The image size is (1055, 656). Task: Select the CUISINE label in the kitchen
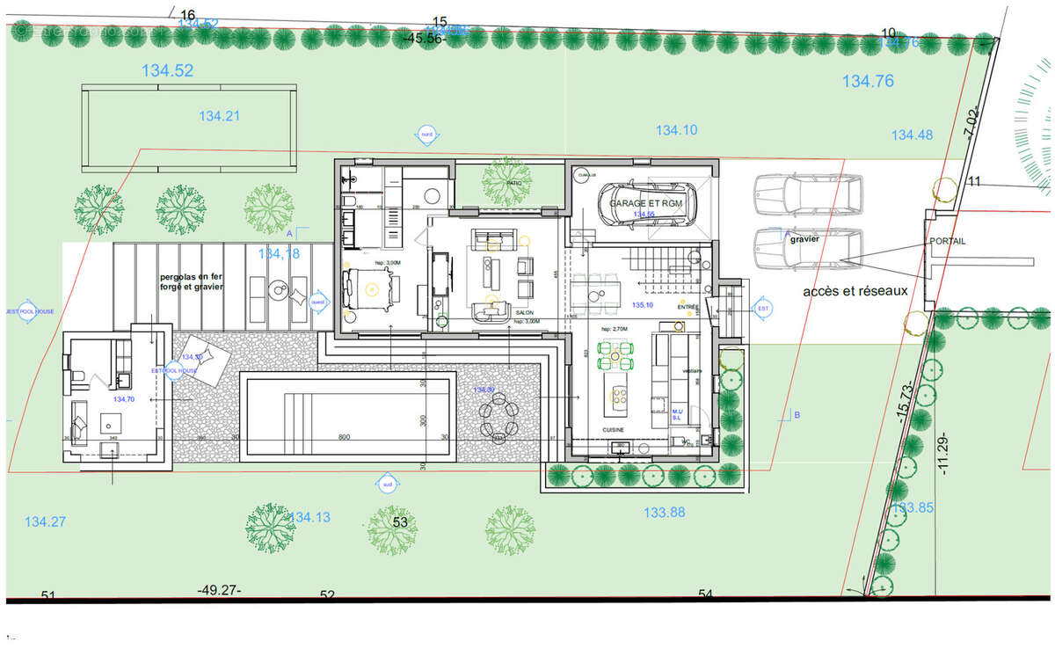pos(614,430)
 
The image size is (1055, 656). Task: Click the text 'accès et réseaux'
pos(855,291)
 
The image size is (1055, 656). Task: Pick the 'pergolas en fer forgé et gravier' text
pos(192,281)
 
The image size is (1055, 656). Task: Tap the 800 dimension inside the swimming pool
pos(344,436)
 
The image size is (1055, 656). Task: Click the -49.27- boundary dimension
pos(220,589)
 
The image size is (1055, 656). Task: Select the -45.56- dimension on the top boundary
pos(426,38)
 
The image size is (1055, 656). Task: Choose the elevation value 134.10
pos(676,130)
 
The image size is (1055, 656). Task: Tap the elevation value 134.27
pos(45,521)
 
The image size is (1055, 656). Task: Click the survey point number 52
pos(327,595)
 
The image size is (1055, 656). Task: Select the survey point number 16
pos(186,15)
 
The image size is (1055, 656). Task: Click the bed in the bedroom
pos(370,288)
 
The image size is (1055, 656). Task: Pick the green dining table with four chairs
pos(615,355)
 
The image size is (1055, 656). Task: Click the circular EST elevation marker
pos(762,308)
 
